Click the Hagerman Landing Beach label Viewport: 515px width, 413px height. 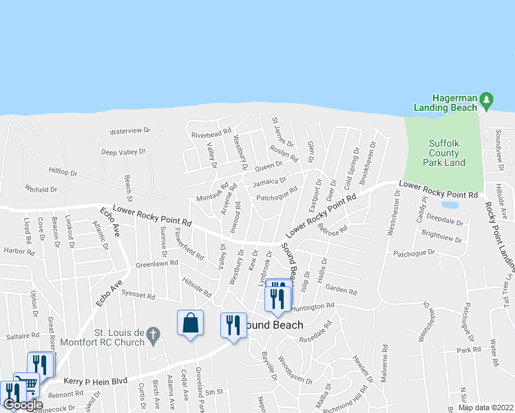445,103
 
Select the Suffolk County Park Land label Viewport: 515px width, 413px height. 447,153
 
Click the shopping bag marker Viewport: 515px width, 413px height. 190,324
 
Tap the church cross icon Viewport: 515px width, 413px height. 154,335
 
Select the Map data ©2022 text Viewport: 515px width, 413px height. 486,407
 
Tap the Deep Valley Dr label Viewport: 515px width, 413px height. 124,151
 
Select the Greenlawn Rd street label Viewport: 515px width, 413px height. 156,263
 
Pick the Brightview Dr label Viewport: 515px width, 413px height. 441,237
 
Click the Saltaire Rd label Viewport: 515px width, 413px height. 23,335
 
